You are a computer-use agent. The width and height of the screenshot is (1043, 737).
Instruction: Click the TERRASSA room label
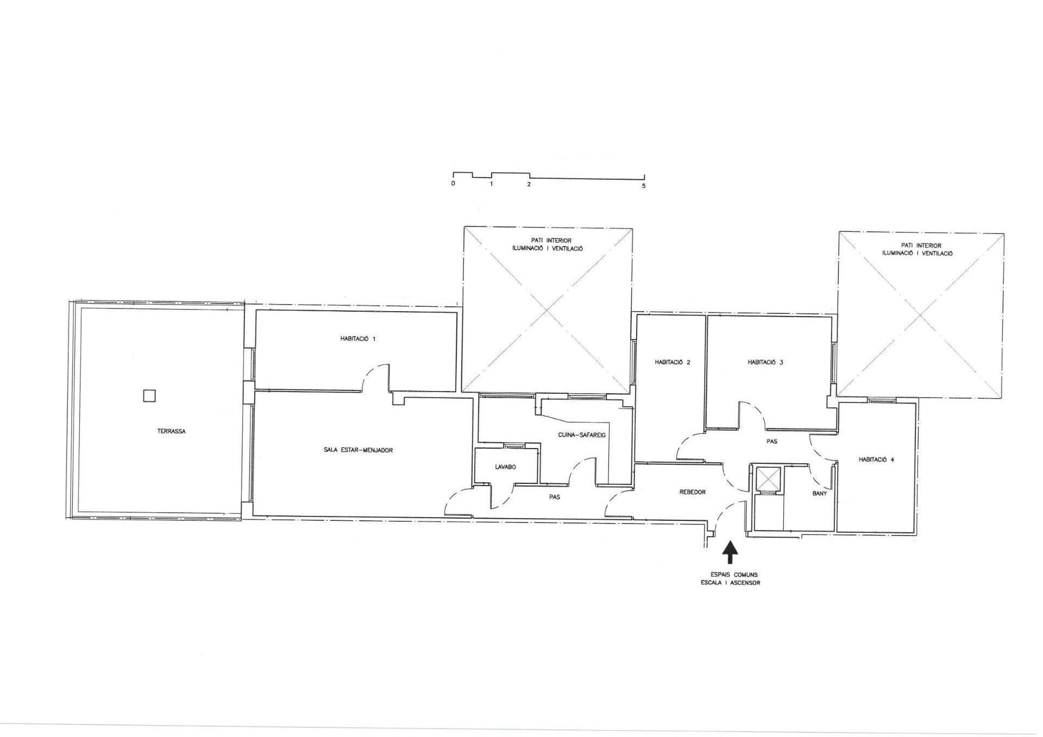pos(171,431)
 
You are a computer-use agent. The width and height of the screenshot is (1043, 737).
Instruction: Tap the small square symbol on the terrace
pos(149,396)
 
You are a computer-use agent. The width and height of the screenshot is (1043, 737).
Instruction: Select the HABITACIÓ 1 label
pos(357,339)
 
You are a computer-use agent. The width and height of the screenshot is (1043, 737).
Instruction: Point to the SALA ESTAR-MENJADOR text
pos(358,450)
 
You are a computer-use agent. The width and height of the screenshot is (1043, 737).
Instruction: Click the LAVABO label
pos(505,467)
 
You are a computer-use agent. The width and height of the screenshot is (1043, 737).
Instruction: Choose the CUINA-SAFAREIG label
pos(582,435)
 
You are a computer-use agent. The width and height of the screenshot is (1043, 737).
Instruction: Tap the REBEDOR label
pos(693,492)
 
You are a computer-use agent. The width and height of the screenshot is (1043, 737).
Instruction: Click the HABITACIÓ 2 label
pos(673,362)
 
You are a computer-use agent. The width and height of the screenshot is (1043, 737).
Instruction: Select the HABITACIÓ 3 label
pos(765,362)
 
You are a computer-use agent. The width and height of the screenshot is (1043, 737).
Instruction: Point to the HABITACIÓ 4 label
pos(876,459)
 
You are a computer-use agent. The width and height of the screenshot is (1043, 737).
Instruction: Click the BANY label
pos(819,494)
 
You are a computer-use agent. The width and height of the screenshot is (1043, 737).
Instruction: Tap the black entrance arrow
pos(731,552)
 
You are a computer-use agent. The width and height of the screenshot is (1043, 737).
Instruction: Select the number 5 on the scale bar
pos(644,186)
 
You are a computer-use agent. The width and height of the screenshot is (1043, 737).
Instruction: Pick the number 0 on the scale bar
pos(453,184)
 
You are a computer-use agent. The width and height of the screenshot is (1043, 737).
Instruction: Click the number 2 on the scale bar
pos(529,184)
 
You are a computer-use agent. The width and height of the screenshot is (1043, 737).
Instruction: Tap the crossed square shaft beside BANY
pos(768,479)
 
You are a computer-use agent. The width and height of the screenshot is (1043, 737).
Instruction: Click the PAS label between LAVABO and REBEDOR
pos(554,497)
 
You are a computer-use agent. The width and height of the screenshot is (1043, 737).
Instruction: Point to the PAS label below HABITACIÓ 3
pos(771,442)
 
